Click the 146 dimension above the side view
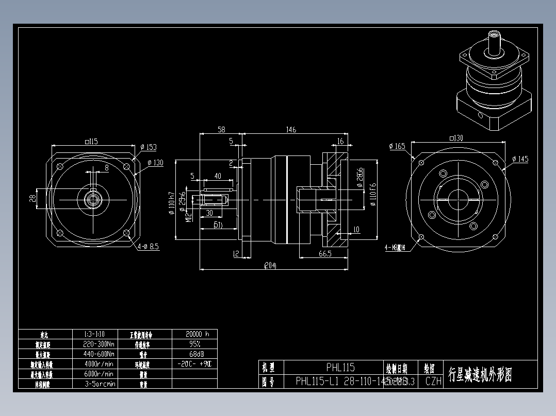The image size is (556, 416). click(291, 130)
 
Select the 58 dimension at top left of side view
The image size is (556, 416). click(221, 130)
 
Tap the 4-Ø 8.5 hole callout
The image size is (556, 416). click(148, 247)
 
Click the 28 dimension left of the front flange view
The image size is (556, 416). click(32, 198)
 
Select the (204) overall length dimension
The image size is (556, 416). click(270, 266)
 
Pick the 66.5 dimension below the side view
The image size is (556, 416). click(325, 254)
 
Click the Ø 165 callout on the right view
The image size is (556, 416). click(397, 146)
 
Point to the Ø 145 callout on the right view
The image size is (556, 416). click(520, 159)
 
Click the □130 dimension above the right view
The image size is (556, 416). click(456, 138)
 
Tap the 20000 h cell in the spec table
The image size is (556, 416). click(194, 334)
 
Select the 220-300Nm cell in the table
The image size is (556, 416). click(100, 343)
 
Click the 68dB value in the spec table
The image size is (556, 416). click(194, 354)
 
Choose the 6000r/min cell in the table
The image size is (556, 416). click(100, 374)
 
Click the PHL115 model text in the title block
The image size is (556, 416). click(340, 368)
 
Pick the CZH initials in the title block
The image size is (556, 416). click(433, 382)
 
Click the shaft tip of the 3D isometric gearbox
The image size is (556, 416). click(494, 35)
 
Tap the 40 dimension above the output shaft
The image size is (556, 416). click(218, 176)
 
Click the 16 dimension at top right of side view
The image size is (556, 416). click(340, 142)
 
